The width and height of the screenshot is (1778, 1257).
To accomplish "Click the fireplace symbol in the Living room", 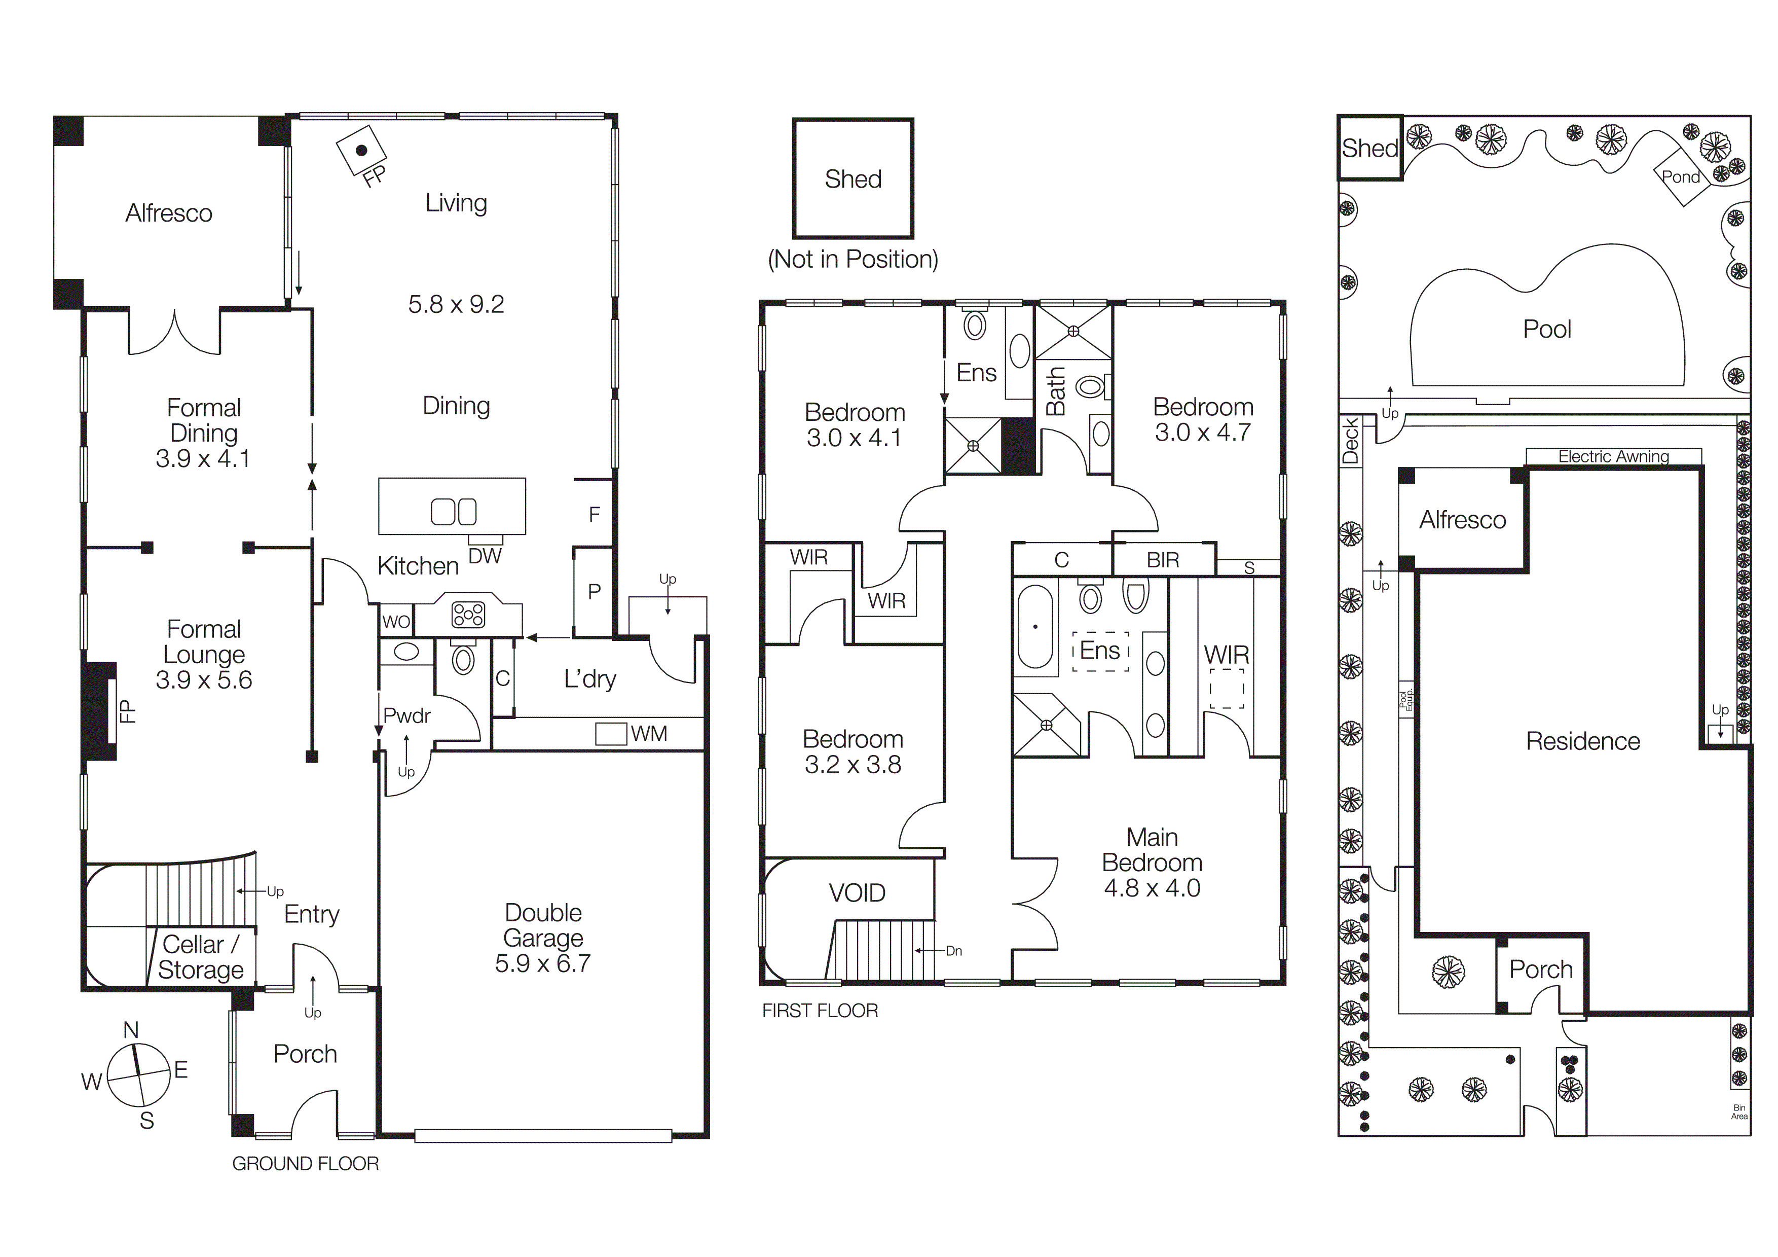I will pyautogui.click(x=361, y=150).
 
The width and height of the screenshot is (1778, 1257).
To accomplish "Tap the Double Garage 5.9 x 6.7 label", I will pyautogui.click(x=543, y=938).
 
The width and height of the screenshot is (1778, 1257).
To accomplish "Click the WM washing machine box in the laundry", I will pyautogui.click(x=610, y=733).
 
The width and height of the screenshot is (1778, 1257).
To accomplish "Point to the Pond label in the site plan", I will pyautogui.click(x=1680, y=176).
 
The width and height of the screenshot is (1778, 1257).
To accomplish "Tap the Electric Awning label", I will pyautogui.click(x=1613, y=457).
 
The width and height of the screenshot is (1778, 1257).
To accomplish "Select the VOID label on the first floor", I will pyautogui.click(x=857, y=893).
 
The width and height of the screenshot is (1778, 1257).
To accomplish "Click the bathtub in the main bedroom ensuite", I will pyautogui.click(x=1034, y=627).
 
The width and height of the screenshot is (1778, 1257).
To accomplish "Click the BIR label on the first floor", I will pyautogui.click(x=1162, y=560).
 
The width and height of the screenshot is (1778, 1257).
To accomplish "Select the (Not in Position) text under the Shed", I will pyautogui.click(x=853, y=259).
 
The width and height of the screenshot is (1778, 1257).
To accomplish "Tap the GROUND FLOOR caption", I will pyautogui.click(x=305, y=1163).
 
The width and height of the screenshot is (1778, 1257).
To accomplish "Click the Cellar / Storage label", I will pyautogui.click(x=201, y=957).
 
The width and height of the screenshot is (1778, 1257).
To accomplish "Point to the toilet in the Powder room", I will pyautogui.click(x=463, y=659).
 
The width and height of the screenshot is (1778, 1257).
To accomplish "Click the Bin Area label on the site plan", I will pyautogui.click(x=1739, y=1112).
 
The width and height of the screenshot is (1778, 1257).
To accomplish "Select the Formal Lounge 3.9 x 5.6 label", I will pyautogui.click(x=204, y=655).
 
